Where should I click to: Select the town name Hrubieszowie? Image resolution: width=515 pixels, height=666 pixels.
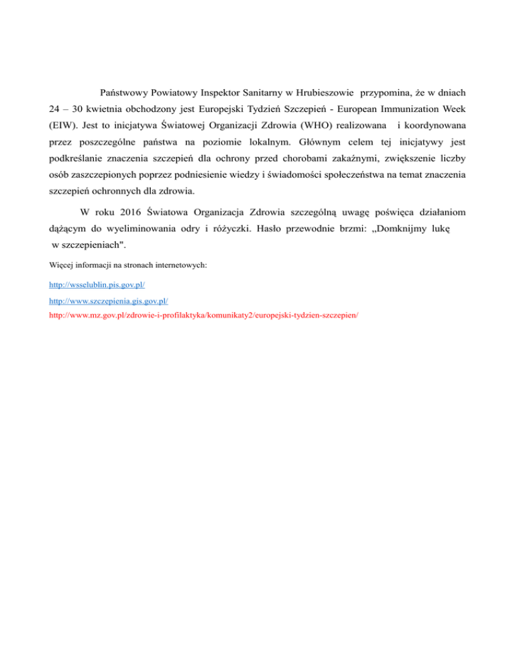coord(321,90)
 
